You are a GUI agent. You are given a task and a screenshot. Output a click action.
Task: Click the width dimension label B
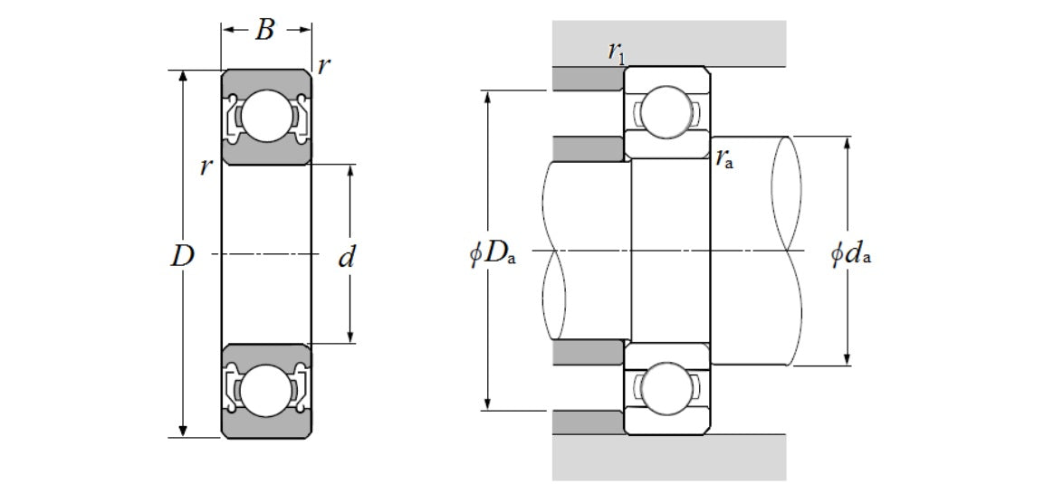coord(264,31)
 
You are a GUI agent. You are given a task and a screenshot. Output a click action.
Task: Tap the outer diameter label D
coord(183,257)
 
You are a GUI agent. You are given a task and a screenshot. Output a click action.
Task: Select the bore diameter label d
coord(345,259)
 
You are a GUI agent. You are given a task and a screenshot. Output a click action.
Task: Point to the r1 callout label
coord(617,52)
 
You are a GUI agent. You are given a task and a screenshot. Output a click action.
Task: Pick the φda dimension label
coord(851,253)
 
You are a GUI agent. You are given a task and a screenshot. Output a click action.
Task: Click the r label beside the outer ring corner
coord(324,64)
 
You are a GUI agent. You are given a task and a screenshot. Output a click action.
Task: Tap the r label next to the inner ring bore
coord(207,166)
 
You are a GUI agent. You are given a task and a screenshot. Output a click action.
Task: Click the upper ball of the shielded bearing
coord(265,117)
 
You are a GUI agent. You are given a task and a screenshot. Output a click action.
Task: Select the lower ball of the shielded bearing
coord(265,390)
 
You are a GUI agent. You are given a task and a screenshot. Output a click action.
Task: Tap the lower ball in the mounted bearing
coord(667,388)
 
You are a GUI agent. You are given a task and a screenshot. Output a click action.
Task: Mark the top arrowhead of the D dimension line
coord(184,76)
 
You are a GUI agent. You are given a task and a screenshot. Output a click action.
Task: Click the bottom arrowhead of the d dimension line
coord(351,337)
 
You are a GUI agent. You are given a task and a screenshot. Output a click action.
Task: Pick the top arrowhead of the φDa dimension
coord(489,96)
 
